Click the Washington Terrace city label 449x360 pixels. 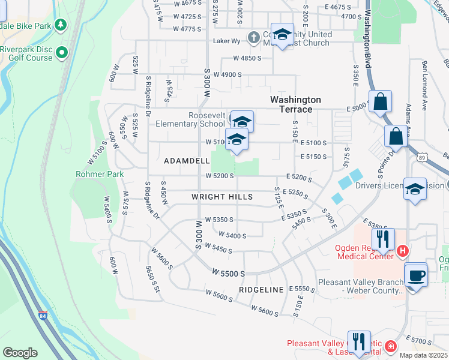(x=295, y=104)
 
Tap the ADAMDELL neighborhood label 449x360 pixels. (x=187, y=161)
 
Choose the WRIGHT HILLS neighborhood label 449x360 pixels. (x=221, y=197)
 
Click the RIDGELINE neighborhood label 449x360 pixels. (x=261, y=289)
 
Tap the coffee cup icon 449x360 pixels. (x=415, y=275)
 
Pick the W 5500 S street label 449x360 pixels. (x=229, y=273)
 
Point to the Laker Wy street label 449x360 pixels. (x=227, y=41)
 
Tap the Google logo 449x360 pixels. (x=20, y=352)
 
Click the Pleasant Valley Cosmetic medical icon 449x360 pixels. (x=390, y=346)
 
